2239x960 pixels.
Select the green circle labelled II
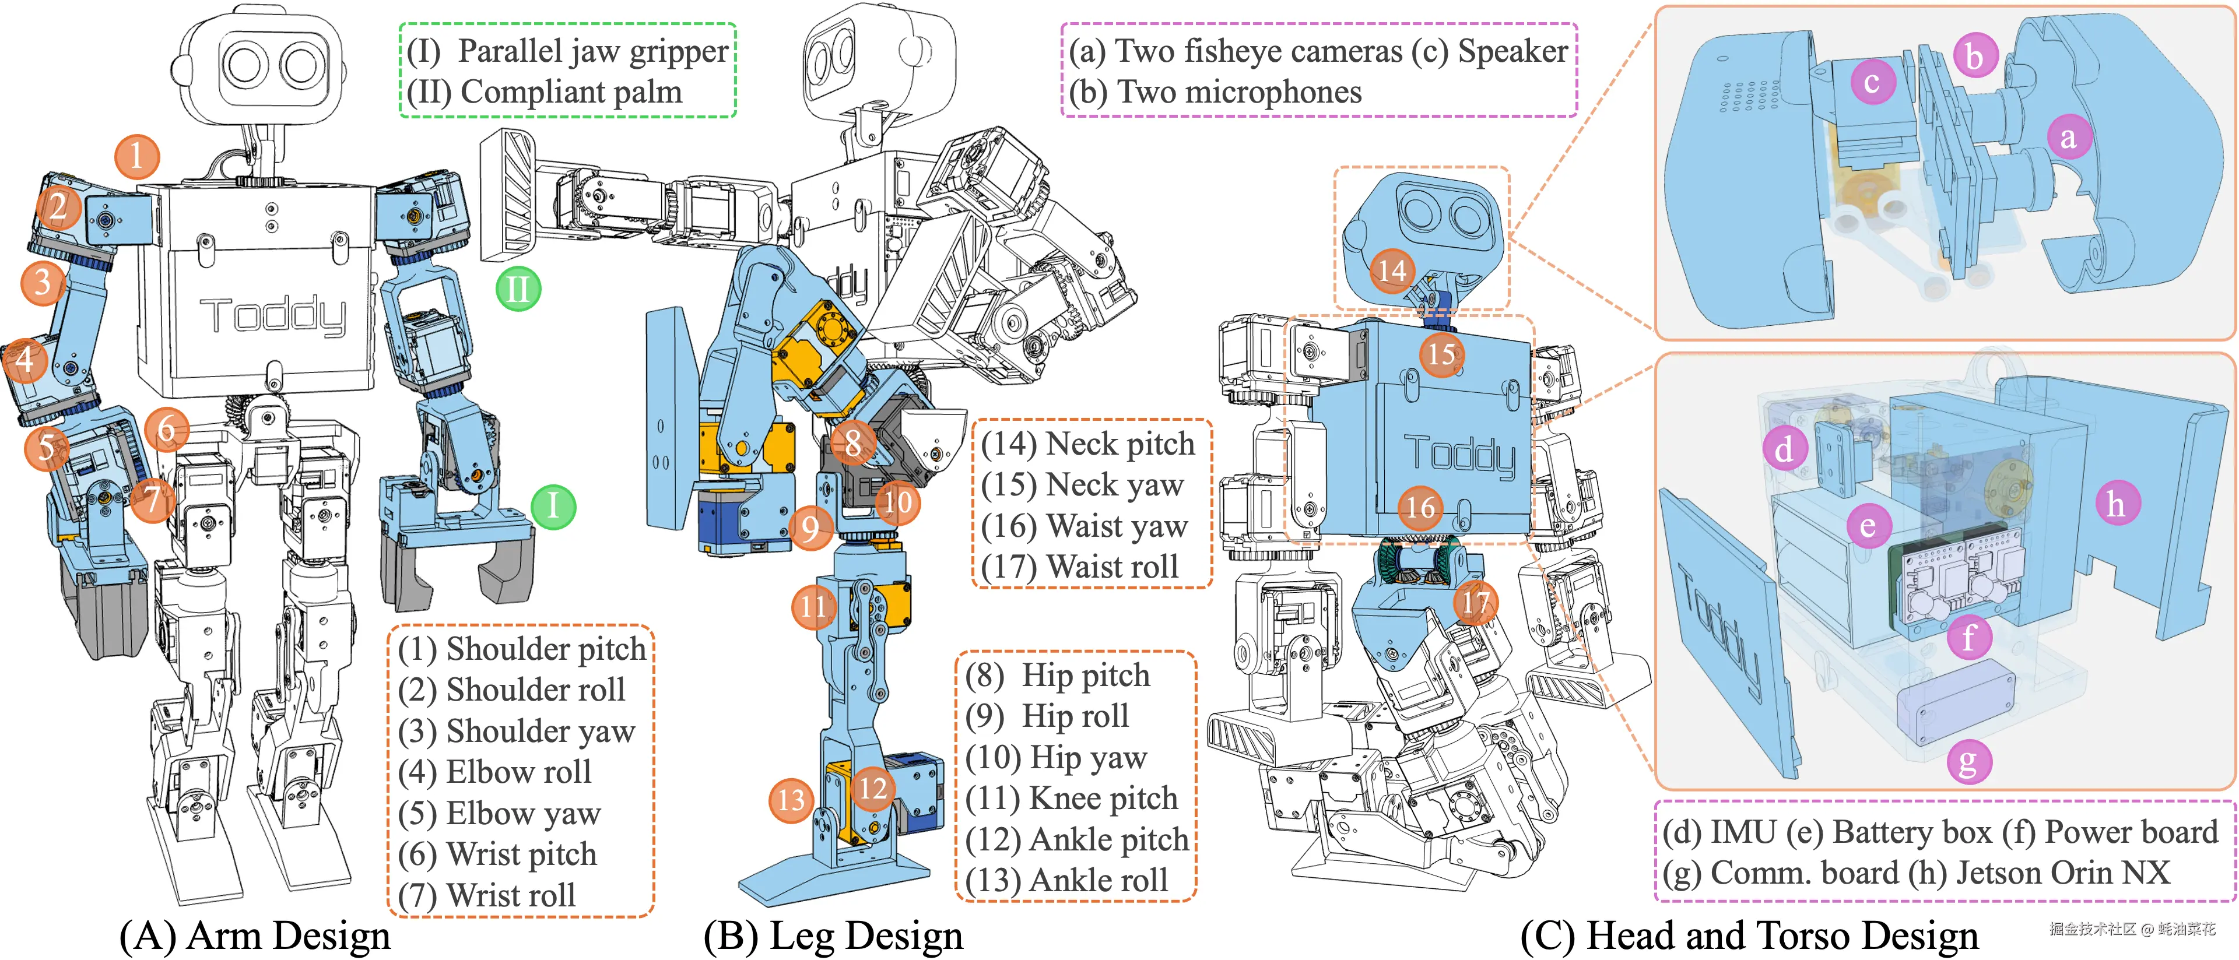(x=518, y=289)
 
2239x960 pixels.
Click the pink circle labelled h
(x=2115, y=504)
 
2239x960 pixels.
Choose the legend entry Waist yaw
(x=1117, y=526)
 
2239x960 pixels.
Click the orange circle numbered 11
(x=813, y=606)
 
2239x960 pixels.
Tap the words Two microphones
(x=1240, y=92)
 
